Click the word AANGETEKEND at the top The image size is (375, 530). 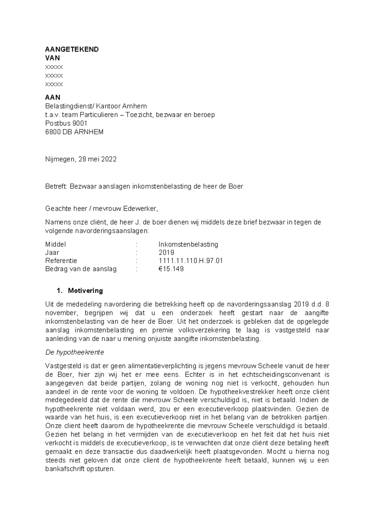tap(72, 49)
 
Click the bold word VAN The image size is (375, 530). tap(52, 58)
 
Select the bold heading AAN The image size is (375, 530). tap(53, 97)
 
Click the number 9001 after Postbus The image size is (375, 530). tap(80, 123)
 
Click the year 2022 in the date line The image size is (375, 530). tap(109, 159)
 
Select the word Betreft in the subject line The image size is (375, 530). tap(56, 187)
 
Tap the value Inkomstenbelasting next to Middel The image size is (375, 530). tap(188, 244)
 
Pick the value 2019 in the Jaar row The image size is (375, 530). tap(166, 252)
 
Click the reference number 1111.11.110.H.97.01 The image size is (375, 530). tap(191, 261)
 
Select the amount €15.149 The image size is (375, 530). tap(171, 269)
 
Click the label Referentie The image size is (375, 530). tap(61, 261)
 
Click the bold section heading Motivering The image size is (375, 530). tap(85, 291)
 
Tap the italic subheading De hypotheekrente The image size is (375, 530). tap(75, 352)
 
